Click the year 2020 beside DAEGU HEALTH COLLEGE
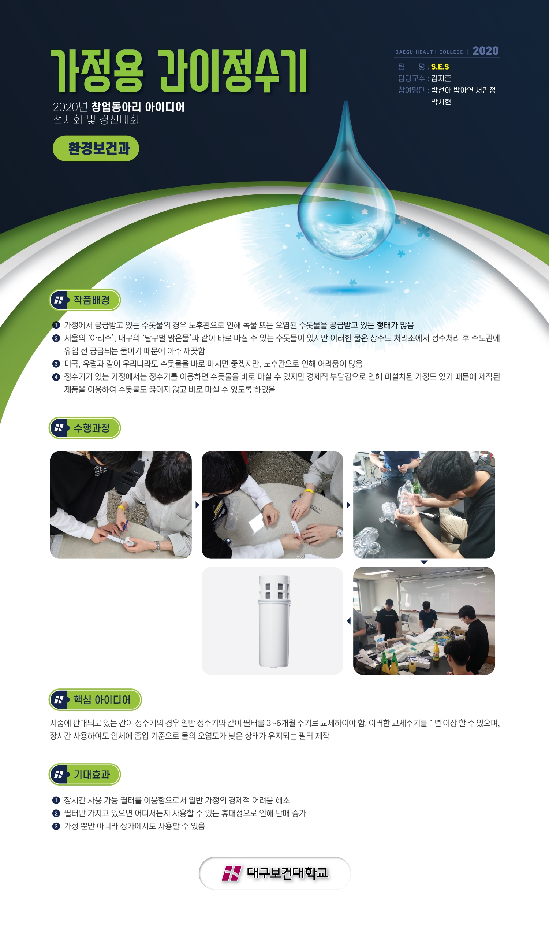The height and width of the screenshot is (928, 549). [485, 51]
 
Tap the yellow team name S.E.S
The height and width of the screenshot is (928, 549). [440, 67]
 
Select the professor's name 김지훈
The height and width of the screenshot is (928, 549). [441, 78]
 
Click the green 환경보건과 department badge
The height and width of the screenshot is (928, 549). [96, 148]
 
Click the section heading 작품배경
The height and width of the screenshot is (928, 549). [91, 300]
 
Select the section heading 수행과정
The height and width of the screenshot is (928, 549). [91, 427]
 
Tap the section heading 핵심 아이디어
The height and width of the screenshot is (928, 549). [102, 699]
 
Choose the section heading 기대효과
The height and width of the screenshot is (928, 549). [91, 775]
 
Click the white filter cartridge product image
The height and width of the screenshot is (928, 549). [273, 621]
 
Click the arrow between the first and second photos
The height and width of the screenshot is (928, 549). [197, 505]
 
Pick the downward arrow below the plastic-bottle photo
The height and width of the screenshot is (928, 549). [424, 562]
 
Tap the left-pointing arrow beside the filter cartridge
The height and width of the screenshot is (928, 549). [348, 621]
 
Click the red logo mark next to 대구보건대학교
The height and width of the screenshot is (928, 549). [232, 873]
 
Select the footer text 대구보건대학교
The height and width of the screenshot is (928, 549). [287, 873]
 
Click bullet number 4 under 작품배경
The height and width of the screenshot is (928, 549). [56, 377]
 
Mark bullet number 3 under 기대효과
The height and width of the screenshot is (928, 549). [56, 826]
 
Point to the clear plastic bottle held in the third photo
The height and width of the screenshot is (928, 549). [406, 498]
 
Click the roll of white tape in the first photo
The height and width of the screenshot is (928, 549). [130, 541]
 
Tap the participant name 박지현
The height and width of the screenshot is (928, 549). [441, 101]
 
